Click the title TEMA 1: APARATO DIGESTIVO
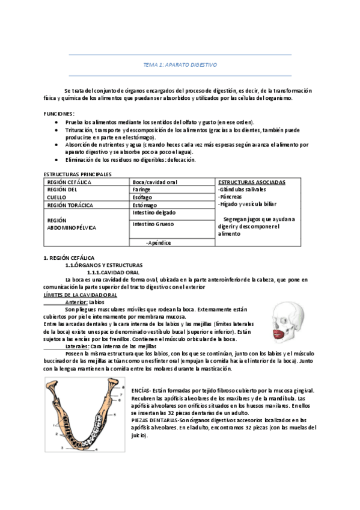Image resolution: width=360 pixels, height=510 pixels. coord(180,64)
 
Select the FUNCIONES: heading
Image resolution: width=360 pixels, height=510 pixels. coord(59,113)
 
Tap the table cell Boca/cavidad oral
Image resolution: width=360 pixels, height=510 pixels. coord(155,182)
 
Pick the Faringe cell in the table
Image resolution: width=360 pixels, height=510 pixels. coord(142,189)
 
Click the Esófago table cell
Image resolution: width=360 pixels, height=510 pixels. coord(142,197)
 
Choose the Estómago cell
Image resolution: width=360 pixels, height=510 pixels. coord(144,205)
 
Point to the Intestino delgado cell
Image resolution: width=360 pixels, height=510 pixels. coord(154,213)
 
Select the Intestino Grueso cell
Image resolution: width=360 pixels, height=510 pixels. coord(153,224)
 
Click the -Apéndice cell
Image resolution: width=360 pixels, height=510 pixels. coord(158,242)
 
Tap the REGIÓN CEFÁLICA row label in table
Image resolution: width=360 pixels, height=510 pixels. coord(69,182)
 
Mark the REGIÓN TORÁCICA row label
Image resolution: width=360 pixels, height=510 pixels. coord(70,205)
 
